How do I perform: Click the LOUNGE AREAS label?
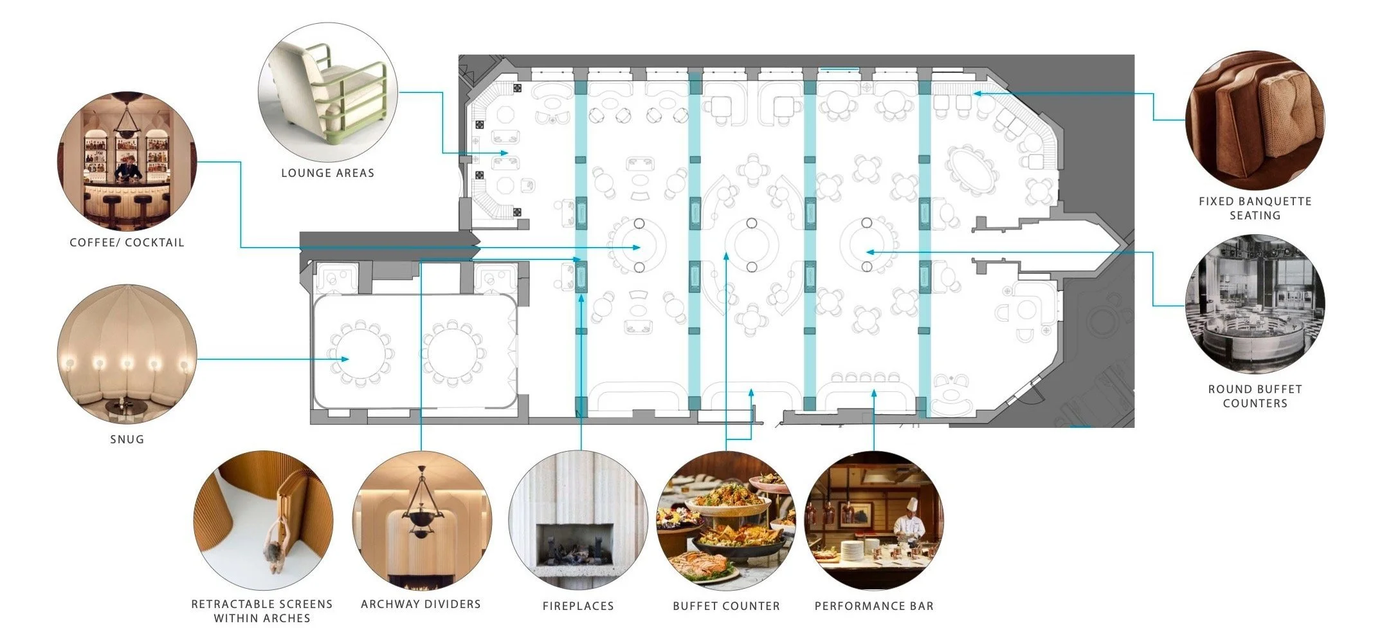pyautogui.click(x=327, y=172)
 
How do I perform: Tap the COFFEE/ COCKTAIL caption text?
pyautogui.click(x=127, y=243)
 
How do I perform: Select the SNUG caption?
pyautogui.click(x=127, y=439)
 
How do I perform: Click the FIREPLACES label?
pyautogui.click(x=578, y=606)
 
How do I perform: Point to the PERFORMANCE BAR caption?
pyautogui.click(x=874, y=606)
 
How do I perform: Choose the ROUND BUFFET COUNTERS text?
pyautogui.click(x=1255, y=396)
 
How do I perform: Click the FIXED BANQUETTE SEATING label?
pyautogui.click(x=1255, y=208)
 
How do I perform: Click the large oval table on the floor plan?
pyautogui.click(x=972, y=169)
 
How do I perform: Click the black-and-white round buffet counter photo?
pyautogui.click(x=1255, y=304)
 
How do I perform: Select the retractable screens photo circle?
pyautogui.click(x=263, y=520)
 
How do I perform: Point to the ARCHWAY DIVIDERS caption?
pyautogui.click(x=421, y=604)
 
